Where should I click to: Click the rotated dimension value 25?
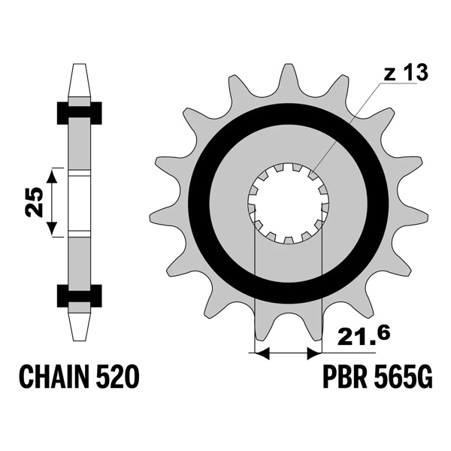point(34,201)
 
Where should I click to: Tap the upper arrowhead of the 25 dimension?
point(52,175)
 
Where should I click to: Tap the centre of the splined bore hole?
point(289,203)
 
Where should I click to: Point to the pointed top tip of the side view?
point(80,70)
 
